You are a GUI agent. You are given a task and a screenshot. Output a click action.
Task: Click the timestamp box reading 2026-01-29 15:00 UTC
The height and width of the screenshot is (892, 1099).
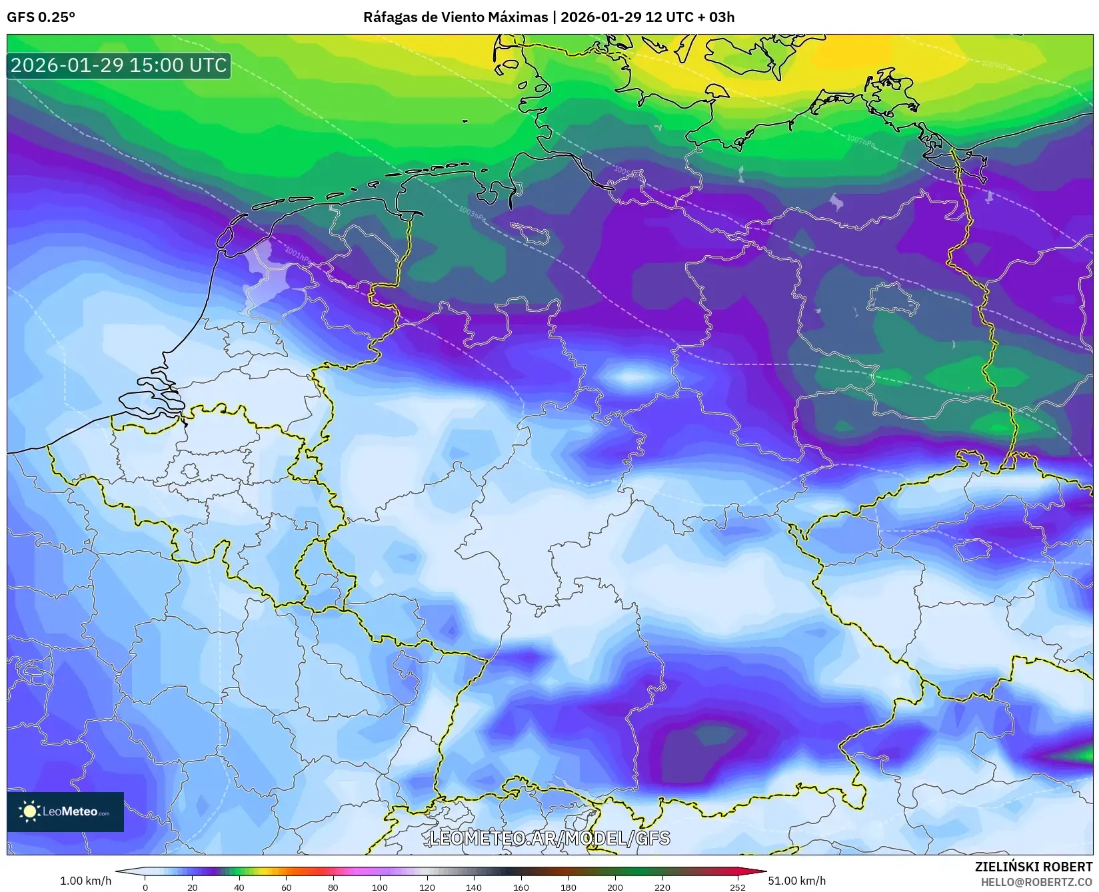[x=119, y=65]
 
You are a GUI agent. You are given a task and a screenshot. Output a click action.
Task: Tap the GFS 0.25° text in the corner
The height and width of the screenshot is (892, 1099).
[x=41, y=17]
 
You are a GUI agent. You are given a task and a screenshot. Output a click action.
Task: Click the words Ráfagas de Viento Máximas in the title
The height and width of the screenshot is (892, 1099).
[x=455, y=17]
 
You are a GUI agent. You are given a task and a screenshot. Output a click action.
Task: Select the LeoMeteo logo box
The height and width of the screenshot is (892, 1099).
[x=65, y=811]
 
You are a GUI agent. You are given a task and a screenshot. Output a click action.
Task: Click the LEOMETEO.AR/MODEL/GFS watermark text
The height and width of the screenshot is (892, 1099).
[x=549, y=838]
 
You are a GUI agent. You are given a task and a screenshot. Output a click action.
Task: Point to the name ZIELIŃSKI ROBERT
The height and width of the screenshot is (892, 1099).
[x=1034, y=867]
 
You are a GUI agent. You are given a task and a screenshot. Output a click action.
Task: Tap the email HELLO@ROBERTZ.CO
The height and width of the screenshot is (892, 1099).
[x=1036, y=882]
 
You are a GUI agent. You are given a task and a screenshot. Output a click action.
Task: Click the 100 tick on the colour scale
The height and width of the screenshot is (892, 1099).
[x=380, y=887]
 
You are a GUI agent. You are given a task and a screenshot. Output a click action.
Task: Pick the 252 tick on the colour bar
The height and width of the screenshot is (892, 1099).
[x=737, y=887]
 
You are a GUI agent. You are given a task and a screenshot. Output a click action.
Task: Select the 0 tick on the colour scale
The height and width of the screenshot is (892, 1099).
[x=145, y=887]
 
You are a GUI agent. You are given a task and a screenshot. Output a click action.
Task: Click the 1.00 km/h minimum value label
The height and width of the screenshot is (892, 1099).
[x=85, y=881]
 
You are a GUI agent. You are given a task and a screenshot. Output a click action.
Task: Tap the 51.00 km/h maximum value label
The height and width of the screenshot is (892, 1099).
[x=796, y=881]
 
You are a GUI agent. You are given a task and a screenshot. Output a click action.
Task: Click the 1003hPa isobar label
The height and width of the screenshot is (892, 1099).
[x=472, y=214]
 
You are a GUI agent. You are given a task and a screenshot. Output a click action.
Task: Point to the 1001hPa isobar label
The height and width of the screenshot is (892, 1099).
[x=297, y=254]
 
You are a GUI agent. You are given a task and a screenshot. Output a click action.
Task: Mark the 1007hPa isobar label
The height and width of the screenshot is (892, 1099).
[x=860, y=141]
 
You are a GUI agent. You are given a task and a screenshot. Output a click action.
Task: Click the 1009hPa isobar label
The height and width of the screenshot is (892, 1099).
[x=996, y=65]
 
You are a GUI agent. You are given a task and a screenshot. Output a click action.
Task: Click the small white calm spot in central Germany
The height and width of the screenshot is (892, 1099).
[x=630, y=377]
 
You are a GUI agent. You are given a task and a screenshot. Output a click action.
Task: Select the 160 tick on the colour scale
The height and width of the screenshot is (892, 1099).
[x=521, y=887]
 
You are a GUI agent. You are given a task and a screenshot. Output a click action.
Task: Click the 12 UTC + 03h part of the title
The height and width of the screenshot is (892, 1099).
[x=690, y=17]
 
